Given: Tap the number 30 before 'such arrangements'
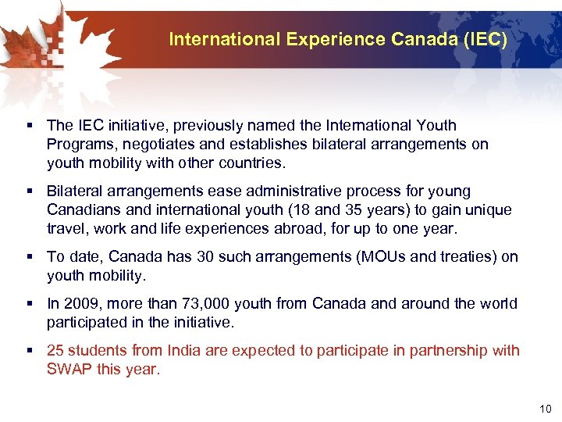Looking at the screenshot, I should click(187, 256).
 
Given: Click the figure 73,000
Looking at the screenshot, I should click(201, 303).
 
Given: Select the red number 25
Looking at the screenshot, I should click(55, 350).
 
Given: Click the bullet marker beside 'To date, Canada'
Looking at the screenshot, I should click(28, 257).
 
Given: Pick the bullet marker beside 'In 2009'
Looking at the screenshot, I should click(28, 304).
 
